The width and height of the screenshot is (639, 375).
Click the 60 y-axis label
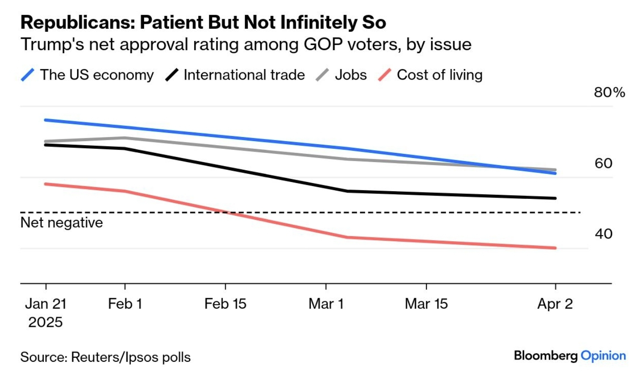[603, 163]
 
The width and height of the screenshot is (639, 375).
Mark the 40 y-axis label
[603, 234]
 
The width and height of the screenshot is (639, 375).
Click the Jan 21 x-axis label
[46, 304]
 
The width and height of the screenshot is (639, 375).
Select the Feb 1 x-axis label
[125, 304]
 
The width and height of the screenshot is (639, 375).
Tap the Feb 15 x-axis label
[225, 304]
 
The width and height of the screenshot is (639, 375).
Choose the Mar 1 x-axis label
[326, 304]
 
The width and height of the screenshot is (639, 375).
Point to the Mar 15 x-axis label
[426, 304]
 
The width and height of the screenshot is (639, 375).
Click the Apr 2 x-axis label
[555, 304]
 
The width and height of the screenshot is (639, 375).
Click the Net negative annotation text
[62, 223]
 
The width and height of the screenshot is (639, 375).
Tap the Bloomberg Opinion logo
[570, 355]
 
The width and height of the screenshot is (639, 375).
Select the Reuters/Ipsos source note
[105, 357]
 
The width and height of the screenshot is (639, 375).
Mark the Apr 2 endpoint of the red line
[555, 248]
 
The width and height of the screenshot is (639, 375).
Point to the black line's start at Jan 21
[46, 145]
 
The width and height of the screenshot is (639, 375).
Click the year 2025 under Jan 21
[46, 322]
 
